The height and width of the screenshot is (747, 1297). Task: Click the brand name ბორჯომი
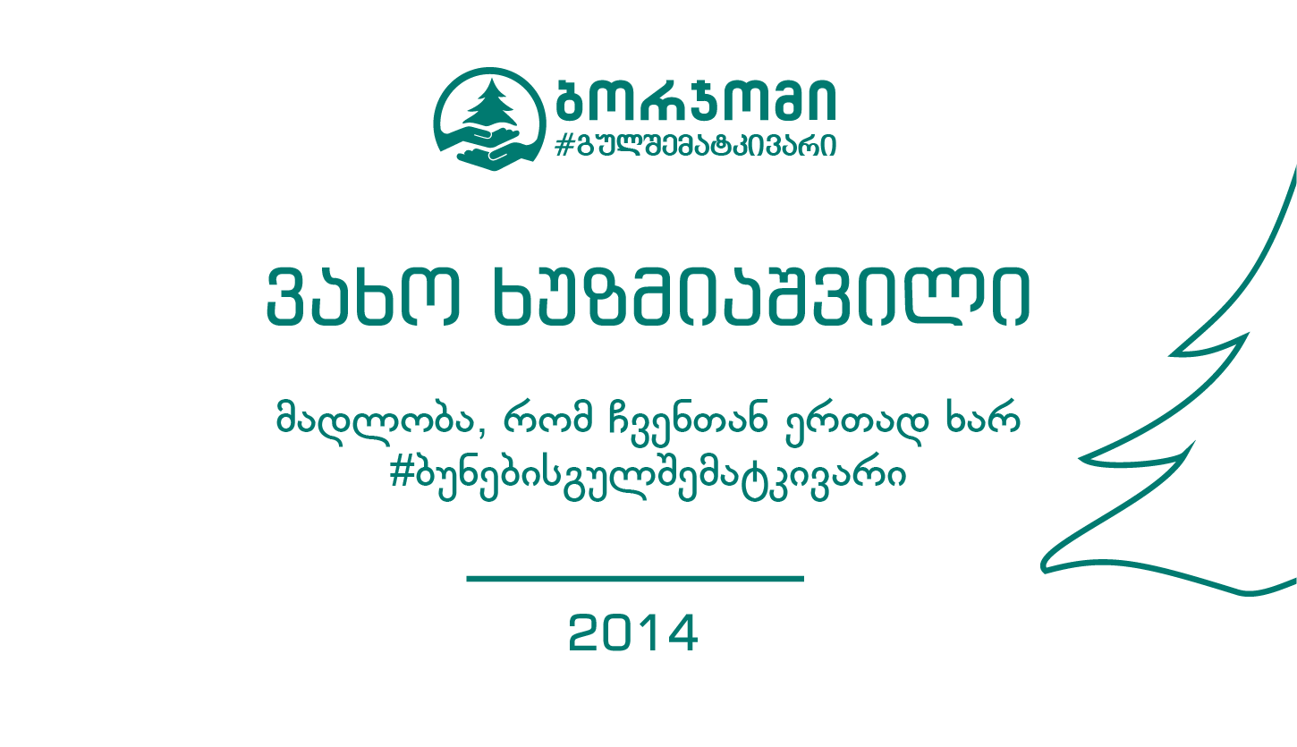point(696,99)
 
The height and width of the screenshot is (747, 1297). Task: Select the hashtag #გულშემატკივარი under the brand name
point(695,145)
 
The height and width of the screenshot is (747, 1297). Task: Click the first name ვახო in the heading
point(364,296)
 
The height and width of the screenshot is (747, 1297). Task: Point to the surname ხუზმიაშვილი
point(761,296)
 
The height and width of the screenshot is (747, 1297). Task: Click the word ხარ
point(983,417)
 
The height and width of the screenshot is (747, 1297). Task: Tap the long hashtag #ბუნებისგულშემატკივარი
point(648,477)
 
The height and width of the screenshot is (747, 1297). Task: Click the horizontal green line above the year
point(635,579)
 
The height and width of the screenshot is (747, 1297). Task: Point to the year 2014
point(633,632)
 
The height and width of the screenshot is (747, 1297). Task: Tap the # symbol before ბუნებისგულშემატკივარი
point(402,473)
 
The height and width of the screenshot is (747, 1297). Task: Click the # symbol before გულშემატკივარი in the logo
point(564,145)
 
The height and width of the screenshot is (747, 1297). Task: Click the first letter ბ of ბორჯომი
point(573,99)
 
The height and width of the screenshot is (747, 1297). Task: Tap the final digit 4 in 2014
point(682,632)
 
